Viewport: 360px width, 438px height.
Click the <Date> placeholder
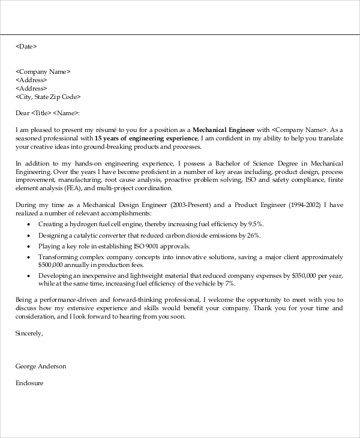[x=26, y=46]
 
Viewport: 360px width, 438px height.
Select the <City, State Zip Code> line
[x=48, y=96]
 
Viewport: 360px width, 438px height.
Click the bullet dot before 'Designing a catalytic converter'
[x=29, y=235]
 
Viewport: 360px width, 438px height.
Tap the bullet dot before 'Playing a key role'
[x=29, y=246]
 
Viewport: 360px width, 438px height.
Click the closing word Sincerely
[x=29, y=333]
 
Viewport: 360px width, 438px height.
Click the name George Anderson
[x=41, y=366]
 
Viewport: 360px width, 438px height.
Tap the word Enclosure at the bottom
[x=30, y=382]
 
